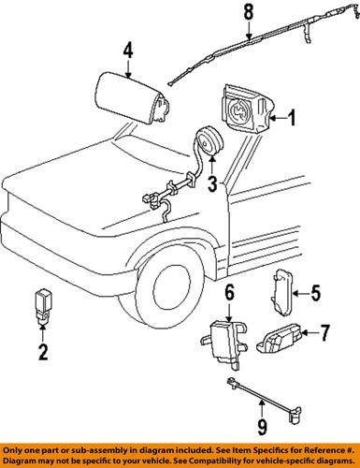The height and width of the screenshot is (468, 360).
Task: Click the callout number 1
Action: point(292,119)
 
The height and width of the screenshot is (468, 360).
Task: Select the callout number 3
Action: point(212,181)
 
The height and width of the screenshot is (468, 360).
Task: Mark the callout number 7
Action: point(324,331)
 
